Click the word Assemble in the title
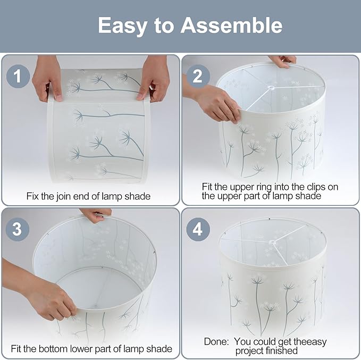point(232,26)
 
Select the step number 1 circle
point(18,76)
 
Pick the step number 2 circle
point(198,76)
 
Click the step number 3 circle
point(18,229)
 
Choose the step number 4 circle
point(198,229)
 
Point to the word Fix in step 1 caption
point(32,196)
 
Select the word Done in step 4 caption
point(216,341)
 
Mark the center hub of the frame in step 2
point(271,88)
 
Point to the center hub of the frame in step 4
point(272,242)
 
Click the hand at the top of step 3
point(97,215)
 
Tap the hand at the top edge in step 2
point(284,61)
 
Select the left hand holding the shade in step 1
point(47,79)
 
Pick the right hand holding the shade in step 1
point(153,78)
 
